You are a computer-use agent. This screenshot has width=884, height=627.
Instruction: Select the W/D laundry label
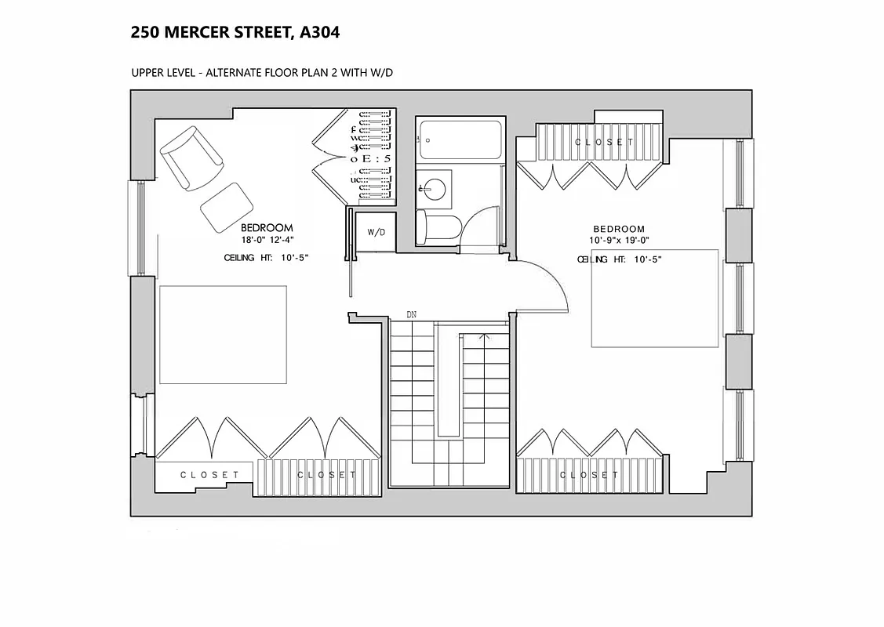pos(377,233)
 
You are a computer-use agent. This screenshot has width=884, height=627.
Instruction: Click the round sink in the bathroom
pos(432,188)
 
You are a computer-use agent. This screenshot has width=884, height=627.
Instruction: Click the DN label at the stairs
pos(411,314)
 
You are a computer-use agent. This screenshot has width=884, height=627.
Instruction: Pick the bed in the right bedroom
pos(655,298)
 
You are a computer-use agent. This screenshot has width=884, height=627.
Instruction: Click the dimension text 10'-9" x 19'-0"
pos(620,241)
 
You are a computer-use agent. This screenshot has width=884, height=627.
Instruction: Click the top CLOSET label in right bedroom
pos(604,142)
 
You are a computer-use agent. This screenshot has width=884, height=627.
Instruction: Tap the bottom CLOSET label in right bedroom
pos(589,475)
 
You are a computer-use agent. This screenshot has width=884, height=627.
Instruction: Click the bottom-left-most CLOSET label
pos(209,475)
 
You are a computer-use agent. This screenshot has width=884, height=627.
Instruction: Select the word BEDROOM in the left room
pos(267,228)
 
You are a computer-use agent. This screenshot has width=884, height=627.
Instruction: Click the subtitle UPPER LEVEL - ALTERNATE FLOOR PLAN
pos(262,73)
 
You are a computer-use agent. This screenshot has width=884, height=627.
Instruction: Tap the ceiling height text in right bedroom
pos(620,259)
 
